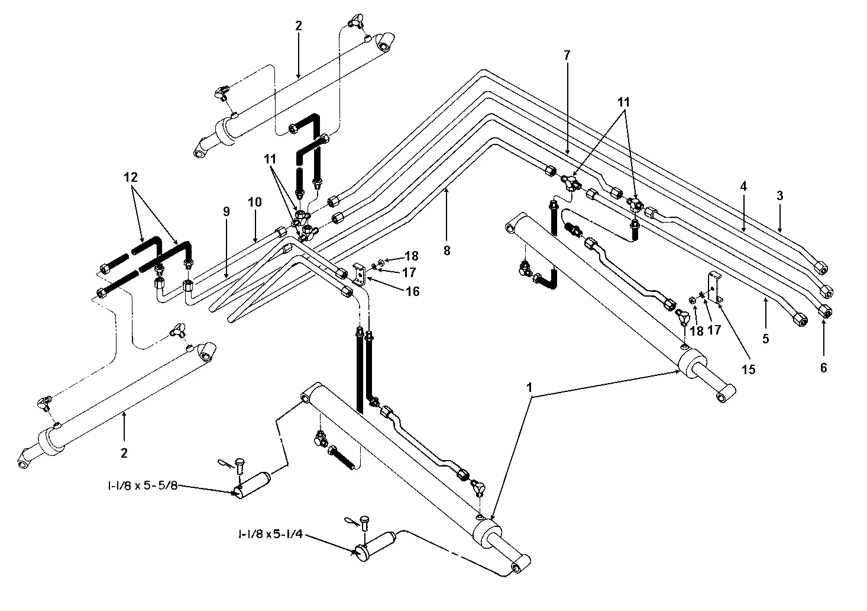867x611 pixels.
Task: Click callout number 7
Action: pos(567,56)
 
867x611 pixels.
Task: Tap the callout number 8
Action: pos(447,250)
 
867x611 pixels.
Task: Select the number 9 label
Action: pos(227,211)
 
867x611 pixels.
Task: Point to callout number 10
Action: pos(255,202)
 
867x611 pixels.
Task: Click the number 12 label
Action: pos(131,177)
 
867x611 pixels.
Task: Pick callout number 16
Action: pos(413,291)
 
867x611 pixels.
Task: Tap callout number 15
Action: pos(749,369)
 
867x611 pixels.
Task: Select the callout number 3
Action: pos(780,195)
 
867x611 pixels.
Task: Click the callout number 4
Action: pos(743,186)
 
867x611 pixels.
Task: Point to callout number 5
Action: pos(766,339)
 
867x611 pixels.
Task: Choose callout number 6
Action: pos(824,367)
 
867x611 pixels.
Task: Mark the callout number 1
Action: pos(529,387)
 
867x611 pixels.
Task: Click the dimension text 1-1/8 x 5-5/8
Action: pos(143,485)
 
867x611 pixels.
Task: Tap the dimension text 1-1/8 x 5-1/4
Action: pos(270,534)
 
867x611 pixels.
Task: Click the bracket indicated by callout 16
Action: pos(360,274)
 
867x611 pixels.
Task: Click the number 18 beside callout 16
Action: pos(412,256)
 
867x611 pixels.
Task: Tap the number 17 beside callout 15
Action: pos(714,330)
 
